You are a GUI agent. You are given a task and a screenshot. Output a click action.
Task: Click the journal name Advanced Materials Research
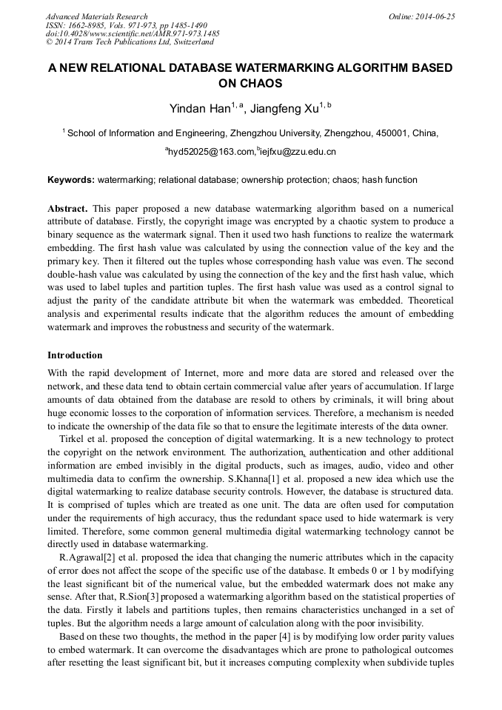coord(96,16)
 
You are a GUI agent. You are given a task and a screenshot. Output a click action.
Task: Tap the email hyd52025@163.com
coord(211,152)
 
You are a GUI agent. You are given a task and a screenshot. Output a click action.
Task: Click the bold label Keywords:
coord(71,180)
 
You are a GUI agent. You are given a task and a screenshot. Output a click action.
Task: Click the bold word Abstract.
coord(67,210)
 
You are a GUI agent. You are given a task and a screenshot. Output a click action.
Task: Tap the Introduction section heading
coord(75,355)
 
